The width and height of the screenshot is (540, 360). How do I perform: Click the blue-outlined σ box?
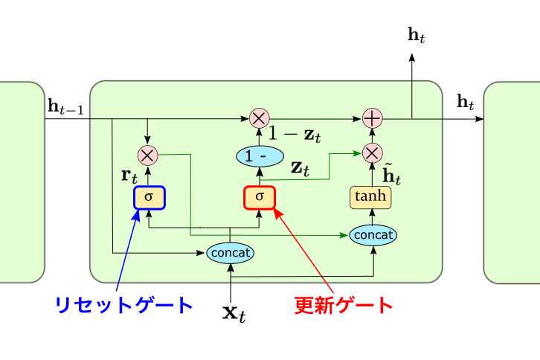pos(149,198)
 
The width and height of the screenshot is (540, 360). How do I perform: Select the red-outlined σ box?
pos(260,197)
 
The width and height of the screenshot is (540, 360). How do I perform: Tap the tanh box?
pos(370,197)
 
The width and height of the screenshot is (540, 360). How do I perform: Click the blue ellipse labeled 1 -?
pos(260,157)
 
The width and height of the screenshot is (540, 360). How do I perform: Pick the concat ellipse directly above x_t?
pos(230,253)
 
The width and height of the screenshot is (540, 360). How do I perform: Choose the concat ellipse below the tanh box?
pos(373,235)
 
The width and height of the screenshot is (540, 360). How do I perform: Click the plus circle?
pos(371,118)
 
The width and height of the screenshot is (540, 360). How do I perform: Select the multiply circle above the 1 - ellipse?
pos(259,118)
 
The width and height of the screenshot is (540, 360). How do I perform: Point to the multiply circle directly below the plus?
pos(371,153)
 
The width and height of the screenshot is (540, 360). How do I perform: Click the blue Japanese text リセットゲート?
pos(123,305)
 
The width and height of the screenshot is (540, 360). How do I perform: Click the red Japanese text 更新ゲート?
pos(343,305)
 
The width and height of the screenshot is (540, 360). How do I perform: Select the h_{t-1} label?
pos(66,107)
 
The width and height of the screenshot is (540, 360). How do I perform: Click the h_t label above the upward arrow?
pos(417,35)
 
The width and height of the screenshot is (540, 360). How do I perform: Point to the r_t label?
pos(129,178)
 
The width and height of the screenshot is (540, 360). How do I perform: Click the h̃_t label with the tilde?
pos(392,176)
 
